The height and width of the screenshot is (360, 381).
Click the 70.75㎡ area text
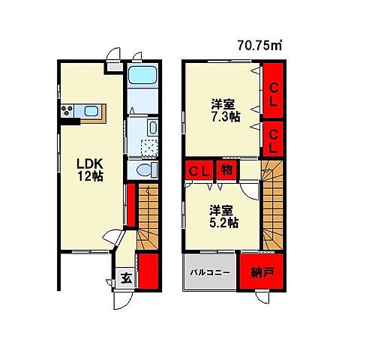point(259,46)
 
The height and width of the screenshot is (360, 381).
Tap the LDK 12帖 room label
point(90,170)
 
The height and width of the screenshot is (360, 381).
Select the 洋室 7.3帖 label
point(226,110)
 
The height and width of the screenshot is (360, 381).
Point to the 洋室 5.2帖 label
point(223,217)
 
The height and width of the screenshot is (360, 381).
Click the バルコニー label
point(210,272)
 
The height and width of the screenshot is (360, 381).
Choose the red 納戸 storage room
point(262,271)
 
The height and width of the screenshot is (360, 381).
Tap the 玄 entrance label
point(126,278)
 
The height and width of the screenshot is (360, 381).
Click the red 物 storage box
point(226,170)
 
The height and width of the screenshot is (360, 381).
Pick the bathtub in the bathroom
point(142,75)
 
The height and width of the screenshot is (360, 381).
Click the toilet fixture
point(147,169)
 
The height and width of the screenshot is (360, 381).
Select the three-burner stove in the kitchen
point(67,111)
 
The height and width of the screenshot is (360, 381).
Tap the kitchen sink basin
point(91,111)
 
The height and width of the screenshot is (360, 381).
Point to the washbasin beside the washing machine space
point(153,127)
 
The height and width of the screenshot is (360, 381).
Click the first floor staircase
point(148,217)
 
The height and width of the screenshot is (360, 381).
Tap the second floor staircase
point(272,205)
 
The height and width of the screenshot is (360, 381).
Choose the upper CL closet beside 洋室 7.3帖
point(273,90)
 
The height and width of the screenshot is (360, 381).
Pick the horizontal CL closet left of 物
point(199,170)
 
